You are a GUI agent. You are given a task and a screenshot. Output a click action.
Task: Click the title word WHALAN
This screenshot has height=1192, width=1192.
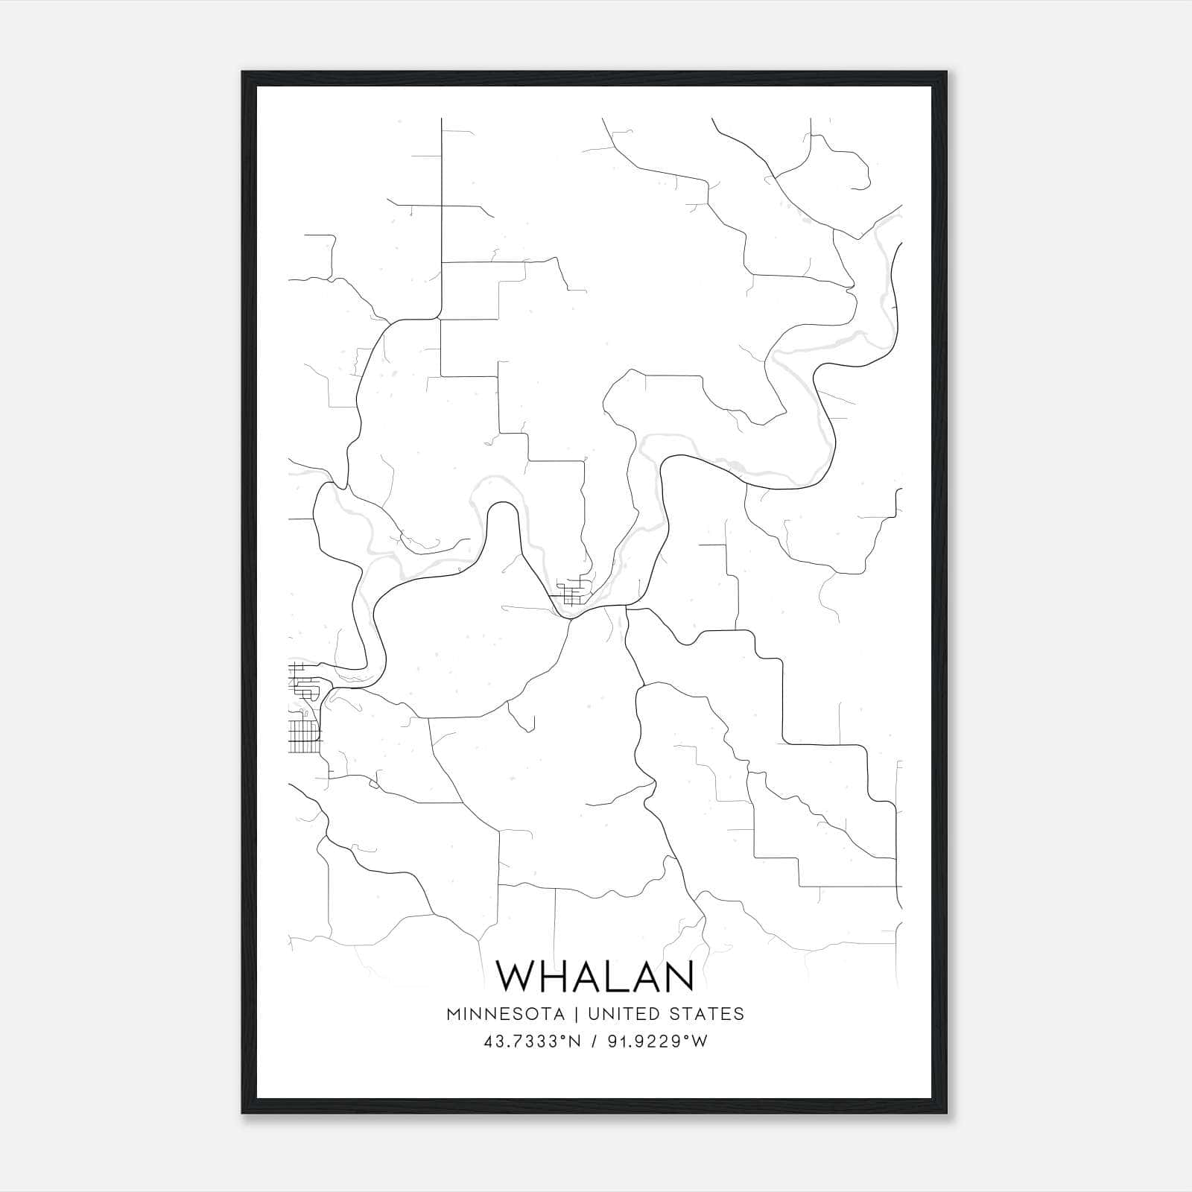(x=595, y=977)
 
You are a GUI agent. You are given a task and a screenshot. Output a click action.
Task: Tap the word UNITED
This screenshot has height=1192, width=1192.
(x=624, y=1014)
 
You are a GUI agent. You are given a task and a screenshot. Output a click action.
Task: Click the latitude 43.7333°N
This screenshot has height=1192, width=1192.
(x=532, y=1042)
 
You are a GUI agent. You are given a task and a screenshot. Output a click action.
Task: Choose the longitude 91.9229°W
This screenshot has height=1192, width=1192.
(x=656, y=1042)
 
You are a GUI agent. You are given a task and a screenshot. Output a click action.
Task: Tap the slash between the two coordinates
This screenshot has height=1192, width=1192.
(x=594, y=1042)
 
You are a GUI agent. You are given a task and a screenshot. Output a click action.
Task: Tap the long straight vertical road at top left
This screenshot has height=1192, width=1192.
(x=442, y=216)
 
